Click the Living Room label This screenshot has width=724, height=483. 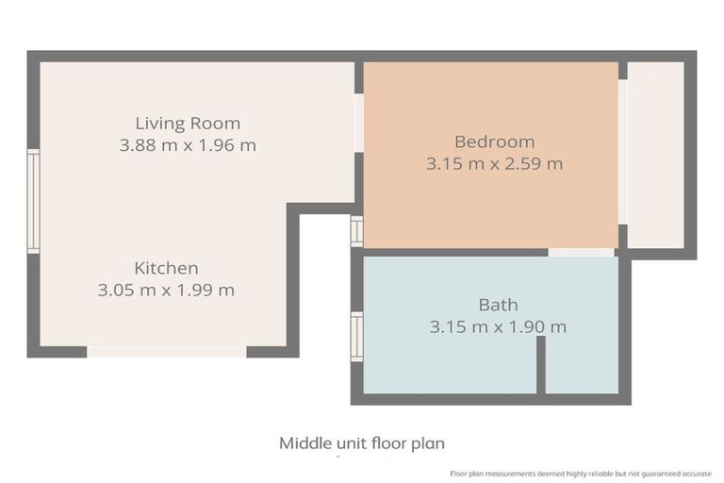188,124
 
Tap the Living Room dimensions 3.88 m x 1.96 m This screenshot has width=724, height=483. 188,145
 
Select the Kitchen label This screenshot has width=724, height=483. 166,268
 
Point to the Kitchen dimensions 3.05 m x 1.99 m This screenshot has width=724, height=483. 166,290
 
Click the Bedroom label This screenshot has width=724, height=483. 495,142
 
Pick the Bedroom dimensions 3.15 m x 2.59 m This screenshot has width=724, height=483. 495,163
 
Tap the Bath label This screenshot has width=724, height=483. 498,305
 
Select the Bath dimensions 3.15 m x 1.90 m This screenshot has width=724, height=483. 498,326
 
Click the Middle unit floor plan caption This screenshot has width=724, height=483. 362,443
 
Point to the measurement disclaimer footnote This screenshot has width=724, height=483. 581,474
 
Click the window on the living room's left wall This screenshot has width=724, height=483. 34,201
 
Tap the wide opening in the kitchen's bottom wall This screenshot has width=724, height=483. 167,352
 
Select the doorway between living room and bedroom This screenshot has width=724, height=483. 359,123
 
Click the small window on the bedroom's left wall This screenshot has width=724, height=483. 357,231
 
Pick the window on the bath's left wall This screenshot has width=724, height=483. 357,337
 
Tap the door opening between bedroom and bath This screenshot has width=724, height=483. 582,253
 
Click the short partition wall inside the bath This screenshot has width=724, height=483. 541,365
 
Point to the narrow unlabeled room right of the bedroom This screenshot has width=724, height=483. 656,155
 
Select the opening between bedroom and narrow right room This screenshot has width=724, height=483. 623,152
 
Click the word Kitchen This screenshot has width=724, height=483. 166,268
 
